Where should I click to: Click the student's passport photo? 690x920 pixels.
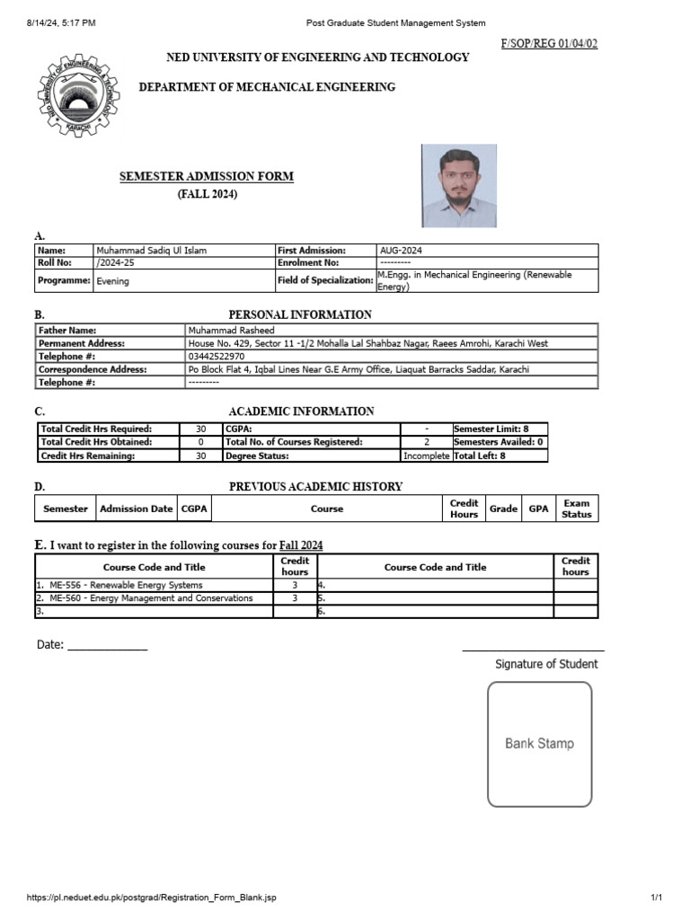pos(458,186)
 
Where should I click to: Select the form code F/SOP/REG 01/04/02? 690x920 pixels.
pos(548,43)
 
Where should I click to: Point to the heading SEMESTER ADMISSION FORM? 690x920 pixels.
pos(207,177)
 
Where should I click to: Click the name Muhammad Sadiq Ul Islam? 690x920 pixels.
pos(151,251)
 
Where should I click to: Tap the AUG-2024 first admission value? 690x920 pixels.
pos(402,251)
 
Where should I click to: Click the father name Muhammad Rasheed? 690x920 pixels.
pos(231,331)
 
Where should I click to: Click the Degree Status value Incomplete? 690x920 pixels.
pos(426,456)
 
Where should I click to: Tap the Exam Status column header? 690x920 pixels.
pos(576,509)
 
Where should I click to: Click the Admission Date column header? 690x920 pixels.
pos(137,509)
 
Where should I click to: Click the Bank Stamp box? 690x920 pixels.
pos(539,744)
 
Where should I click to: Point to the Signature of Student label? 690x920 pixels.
pos(546,664)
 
